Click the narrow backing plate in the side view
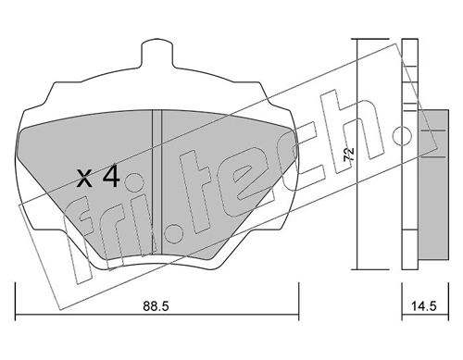click(x=408, y=157)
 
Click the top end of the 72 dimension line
click(x=356, y=40)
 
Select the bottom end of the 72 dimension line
click(x=356, y=272)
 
